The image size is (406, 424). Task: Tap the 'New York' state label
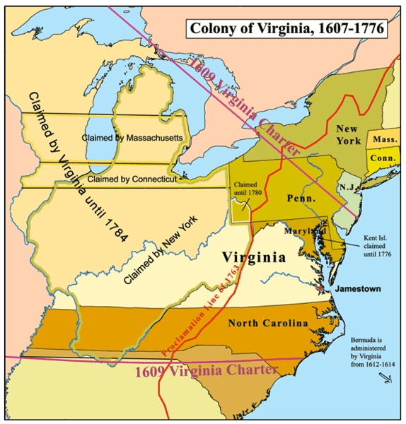pos(348,135)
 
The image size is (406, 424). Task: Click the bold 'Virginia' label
pos(254,257)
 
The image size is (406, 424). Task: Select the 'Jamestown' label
pos(358,289)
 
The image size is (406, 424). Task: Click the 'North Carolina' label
pos(267,323)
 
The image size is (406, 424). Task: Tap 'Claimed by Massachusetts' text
pos(132,136)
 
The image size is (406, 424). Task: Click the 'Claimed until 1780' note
pos(247,187)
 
